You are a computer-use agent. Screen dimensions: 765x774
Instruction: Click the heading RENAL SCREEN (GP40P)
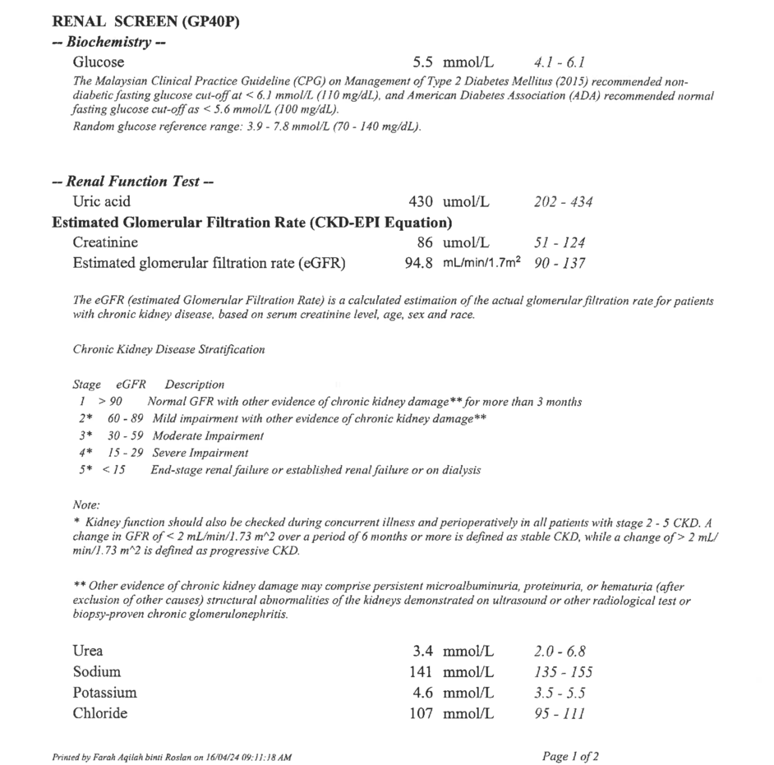pos(145,22)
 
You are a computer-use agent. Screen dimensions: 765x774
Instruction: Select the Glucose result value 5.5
pos(423,62)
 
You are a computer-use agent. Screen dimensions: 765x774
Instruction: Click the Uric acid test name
pos(101,201)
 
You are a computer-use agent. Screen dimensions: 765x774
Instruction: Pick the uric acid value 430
pos(422,201)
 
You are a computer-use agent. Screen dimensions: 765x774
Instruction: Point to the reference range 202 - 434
pos(563,202)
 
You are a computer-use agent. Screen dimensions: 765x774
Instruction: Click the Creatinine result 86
pos(427,242)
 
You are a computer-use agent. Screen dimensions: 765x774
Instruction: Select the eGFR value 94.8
pos(418,263)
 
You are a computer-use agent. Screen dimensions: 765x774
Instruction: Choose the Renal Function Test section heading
pos(132,182)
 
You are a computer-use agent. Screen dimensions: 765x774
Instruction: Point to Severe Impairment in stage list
pos(200,453)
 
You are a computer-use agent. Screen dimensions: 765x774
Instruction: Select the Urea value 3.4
pos(423,652)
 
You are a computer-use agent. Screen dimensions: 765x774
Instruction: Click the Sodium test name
pos(96,672)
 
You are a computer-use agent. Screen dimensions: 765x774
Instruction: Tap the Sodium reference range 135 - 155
pos(563,672)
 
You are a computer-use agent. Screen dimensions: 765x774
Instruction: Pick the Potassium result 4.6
pos(423,693)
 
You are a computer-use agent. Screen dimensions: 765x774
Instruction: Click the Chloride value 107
pos(422,713)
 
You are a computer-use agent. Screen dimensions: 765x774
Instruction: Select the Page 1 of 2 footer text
pos(571,756)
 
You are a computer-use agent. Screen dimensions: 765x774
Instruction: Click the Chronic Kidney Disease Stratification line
pos(168,349)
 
